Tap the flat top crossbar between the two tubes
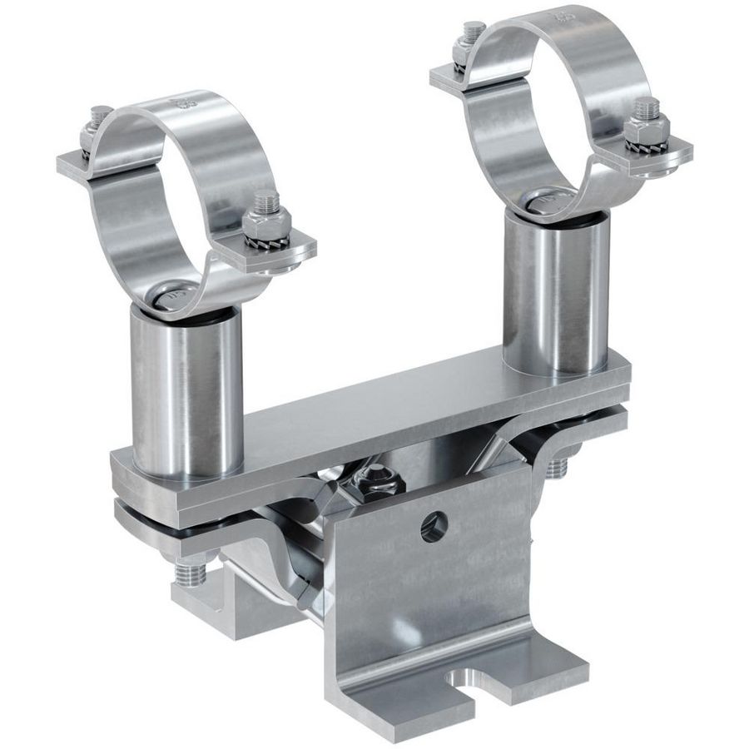click(374, 416)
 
